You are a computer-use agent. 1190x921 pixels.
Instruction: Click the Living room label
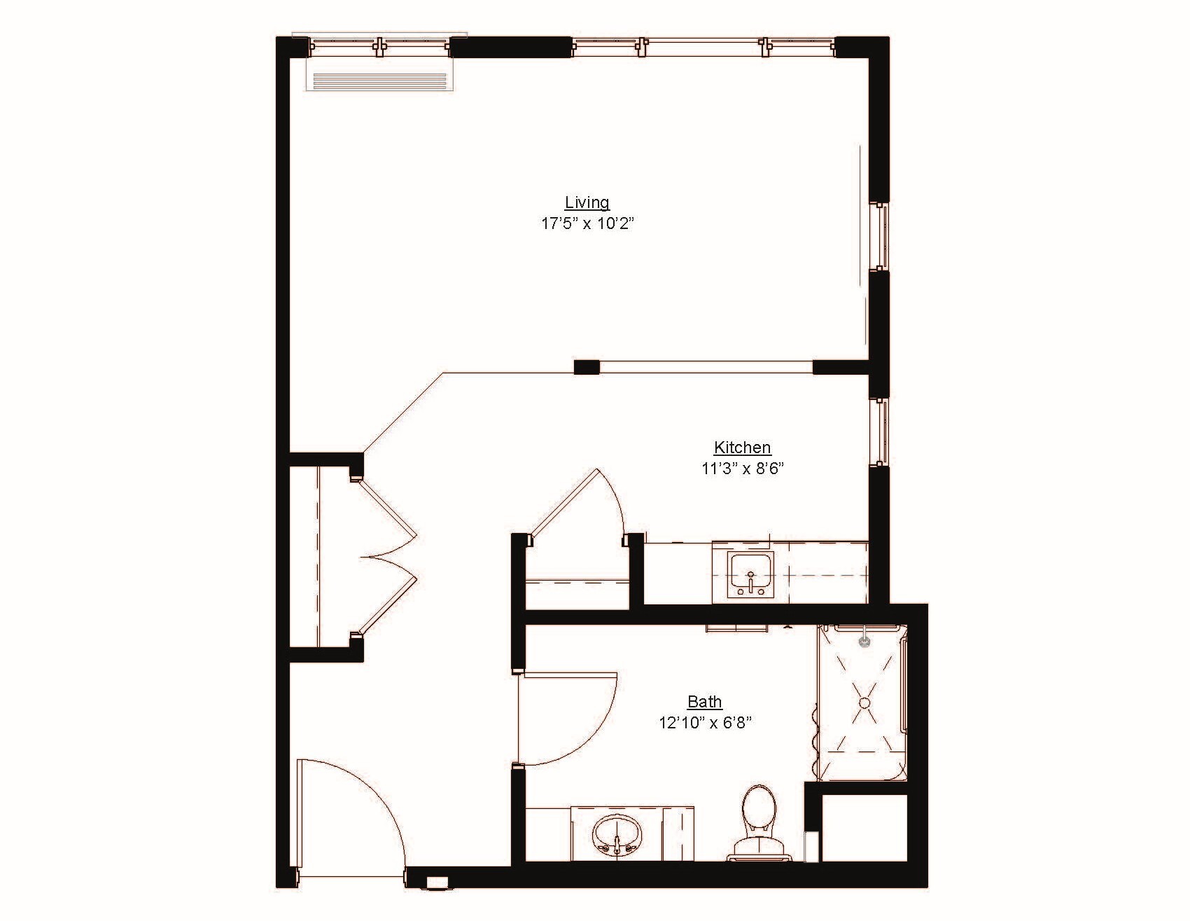click(x=587, y=203)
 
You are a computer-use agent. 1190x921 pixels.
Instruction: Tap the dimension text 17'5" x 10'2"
click(x=587, y=224)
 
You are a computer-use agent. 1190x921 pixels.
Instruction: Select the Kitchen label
click(x=742, y=448)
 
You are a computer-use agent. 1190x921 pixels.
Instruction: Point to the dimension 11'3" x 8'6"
click(x=742, y=469)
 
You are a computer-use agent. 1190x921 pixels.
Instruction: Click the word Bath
click(x=704, y=702)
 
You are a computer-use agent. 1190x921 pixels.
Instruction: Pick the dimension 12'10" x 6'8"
click(x=704, y=723)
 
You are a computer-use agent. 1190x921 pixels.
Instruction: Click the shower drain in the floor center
click(x=864, y=702)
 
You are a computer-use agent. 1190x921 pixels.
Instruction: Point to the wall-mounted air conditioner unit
click(x=379, y=81)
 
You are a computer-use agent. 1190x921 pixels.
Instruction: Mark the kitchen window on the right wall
click(x=879, y=431)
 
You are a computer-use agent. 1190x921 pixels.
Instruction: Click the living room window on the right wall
click(x=879, y=237)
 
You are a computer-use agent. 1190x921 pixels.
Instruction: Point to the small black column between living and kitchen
click(x=587, y=367)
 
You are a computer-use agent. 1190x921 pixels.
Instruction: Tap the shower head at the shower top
click(x=865, y=638)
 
